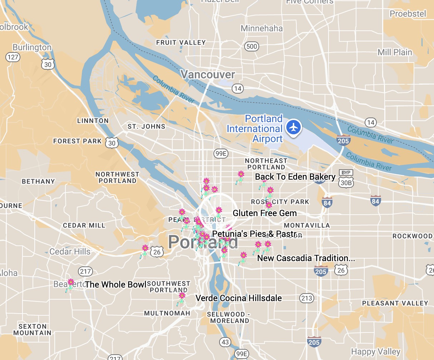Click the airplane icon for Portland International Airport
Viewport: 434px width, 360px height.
pyautogui.click(x=294, y=127)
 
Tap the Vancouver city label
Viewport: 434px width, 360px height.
pyautogui.click(x=208, y=75)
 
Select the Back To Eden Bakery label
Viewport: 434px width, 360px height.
pyautogui.click(x=295, y=177)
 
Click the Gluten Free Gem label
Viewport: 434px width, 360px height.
pyautogui.click(x=265, y=213)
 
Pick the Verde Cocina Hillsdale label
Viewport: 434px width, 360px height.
pyautogui.click(x=238, y=298)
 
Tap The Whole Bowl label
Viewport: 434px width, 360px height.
pyautogui.click(x=116, y=285)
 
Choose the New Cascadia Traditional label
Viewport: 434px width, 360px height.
pyautogui.click(x=306, y=258)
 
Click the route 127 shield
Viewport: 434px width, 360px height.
pyautogui.click(x=13, y=57)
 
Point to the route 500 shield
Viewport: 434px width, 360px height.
pyautogui.click(x=252, y=46)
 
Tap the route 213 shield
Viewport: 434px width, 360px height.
pyautogui.click(x=307, y=298)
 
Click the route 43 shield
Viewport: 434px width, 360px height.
pyautogui.click(x=225, y=342)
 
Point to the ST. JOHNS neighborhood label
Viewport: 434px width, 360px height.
pyautogui.click(x=147, y=126)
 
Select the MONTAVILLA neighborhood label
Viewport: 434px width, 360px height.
pyautogui.click(x=307, y=225)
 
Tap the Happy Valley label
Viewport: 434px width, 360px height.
pyautogui.click(x=376, y=352)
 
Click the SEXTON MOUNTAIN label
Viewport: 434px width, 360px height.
pyautogui.click(x=33, y=330)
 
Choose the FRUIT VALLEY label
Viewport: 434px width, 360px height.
pyautogui.click(x=181, y=42)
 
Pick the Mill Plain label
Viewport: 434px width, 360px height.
pyautogui.click(x=395, y=52)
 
